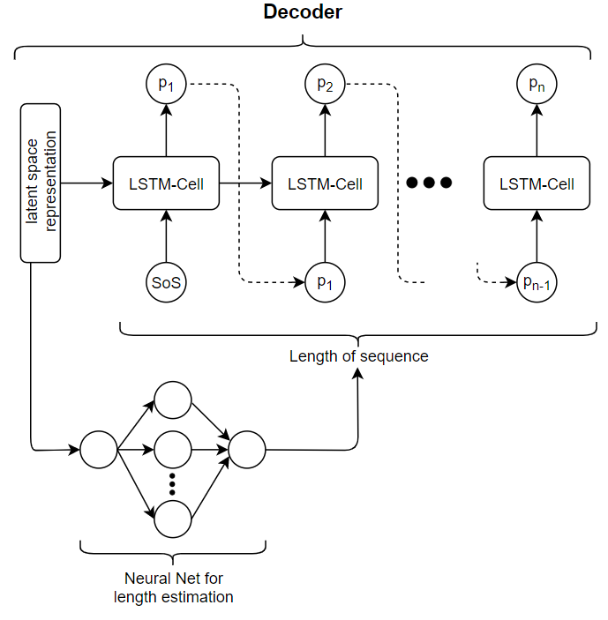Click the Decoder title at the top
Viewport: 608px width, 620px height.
point(304,13)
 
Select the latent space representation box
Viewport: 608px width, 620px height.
point(41,183)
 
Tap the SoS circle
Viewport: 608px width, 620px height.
point(166,283)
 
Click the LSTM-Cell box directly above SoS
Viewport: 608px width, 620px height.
point(166,183)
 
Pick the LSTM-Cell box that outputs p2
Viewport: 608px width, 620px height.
point(325,183)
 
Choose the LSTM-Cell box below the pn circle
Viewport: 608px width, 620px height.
point(537,183)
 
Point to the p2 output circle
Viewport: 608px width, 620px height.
point(325,84)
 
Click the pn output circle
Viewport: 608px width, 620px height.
point(537,84)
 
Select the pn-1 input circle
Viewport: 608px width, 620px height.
point(537,283)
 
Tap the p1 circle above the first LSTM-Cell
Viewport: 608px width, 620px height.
point(166,84)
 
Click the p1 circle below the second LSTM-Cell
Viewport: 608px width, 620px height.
point(325,283)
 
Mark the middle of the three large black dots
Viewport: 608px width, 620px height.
point(430,183)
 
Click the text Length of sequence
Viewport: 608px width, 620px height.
point(358,356)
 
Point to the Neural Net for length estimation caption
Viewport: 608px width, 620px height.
point(173,588)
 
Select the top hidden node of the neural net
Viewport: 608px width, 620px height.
point(173,400)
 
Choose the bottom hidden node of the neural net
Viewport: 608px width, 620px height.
point(173,519)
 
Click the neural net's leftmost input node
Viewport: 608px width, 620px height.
point(99,450)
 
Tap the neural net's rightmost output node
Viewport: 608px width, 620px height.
point(247,450)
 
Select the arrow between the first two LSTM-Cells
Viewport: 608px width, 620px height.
point(245,183)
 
